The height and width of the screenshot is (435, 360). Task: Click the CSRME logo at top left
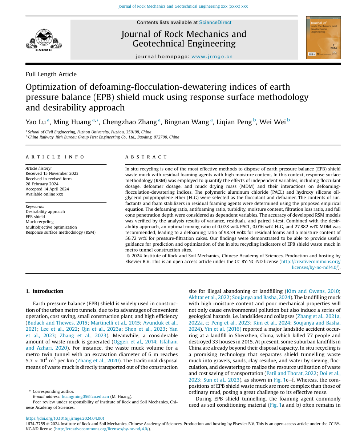(x=44, y=40)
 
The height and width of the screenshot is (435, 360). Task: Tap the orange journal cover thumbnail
(x=323, y=37)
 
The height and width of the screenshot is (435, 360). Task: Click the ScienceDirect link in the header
(x=215, y=23)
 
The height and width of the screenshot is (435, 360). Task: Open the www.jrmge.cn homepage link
(x=212, y=57)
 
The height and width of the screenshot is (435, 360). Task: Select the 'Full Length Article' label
(x=51, y=74)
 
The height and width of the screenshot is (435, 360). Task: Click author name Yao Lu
(x=36, y=122)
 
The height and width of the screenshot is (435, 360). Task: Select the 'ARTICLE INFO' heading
(x=55, y=157)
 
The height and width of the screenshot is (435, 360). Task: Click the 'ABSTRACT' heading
(x=146, y=157)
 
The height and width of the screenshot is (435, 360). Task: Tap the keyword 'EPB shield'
(x=35, y=217)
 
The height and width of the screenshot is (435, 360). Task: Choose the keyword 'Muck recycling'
(x=40, y=222)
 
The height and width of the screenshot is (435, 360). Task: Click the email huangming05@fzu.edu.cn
(x=85, y=396)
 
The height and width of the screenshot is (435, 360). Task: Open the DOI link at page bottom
(x=65, y=418)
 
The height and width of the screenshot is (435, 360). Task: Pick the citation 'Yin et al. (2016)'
(x=218, y=329)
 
